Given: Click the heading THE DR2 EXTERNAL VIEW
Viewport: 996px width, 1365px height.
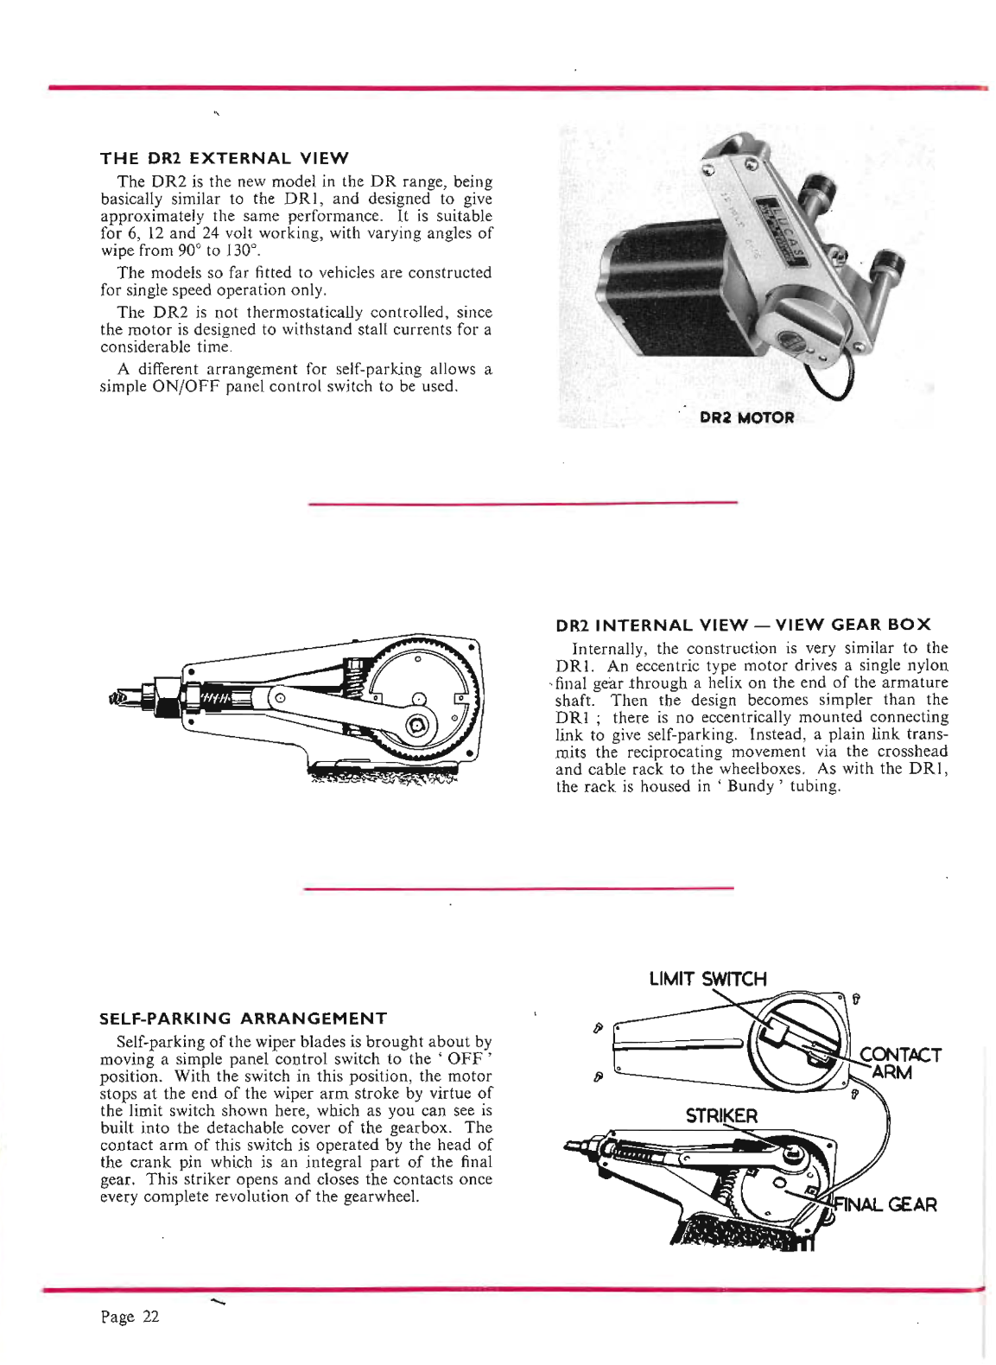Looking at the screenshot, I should click(225, 158).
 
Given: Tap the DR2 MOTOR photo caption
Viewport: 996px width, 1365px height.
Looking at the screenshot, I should click(746, 417).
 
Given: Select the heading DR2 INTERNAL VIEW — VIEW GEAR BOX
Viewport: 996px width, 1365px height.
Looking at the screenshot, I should click(743, 625).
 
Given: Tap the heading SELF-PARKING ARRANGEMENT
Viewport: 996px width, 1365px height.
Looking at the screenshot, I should click(243, 1018).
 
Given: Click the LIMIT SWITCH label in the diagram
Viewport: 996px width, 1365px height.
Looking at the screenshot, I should click(707, 979).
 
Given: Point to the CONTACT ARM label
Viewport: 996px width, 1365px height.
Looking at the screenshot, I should click(898, 1063).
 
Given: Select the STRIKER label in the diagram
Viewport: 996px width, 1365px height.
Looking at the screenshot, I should click(721, 1115).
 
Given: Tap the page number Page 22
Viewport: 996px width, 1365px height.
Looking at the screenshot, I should click(130, 1317).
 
